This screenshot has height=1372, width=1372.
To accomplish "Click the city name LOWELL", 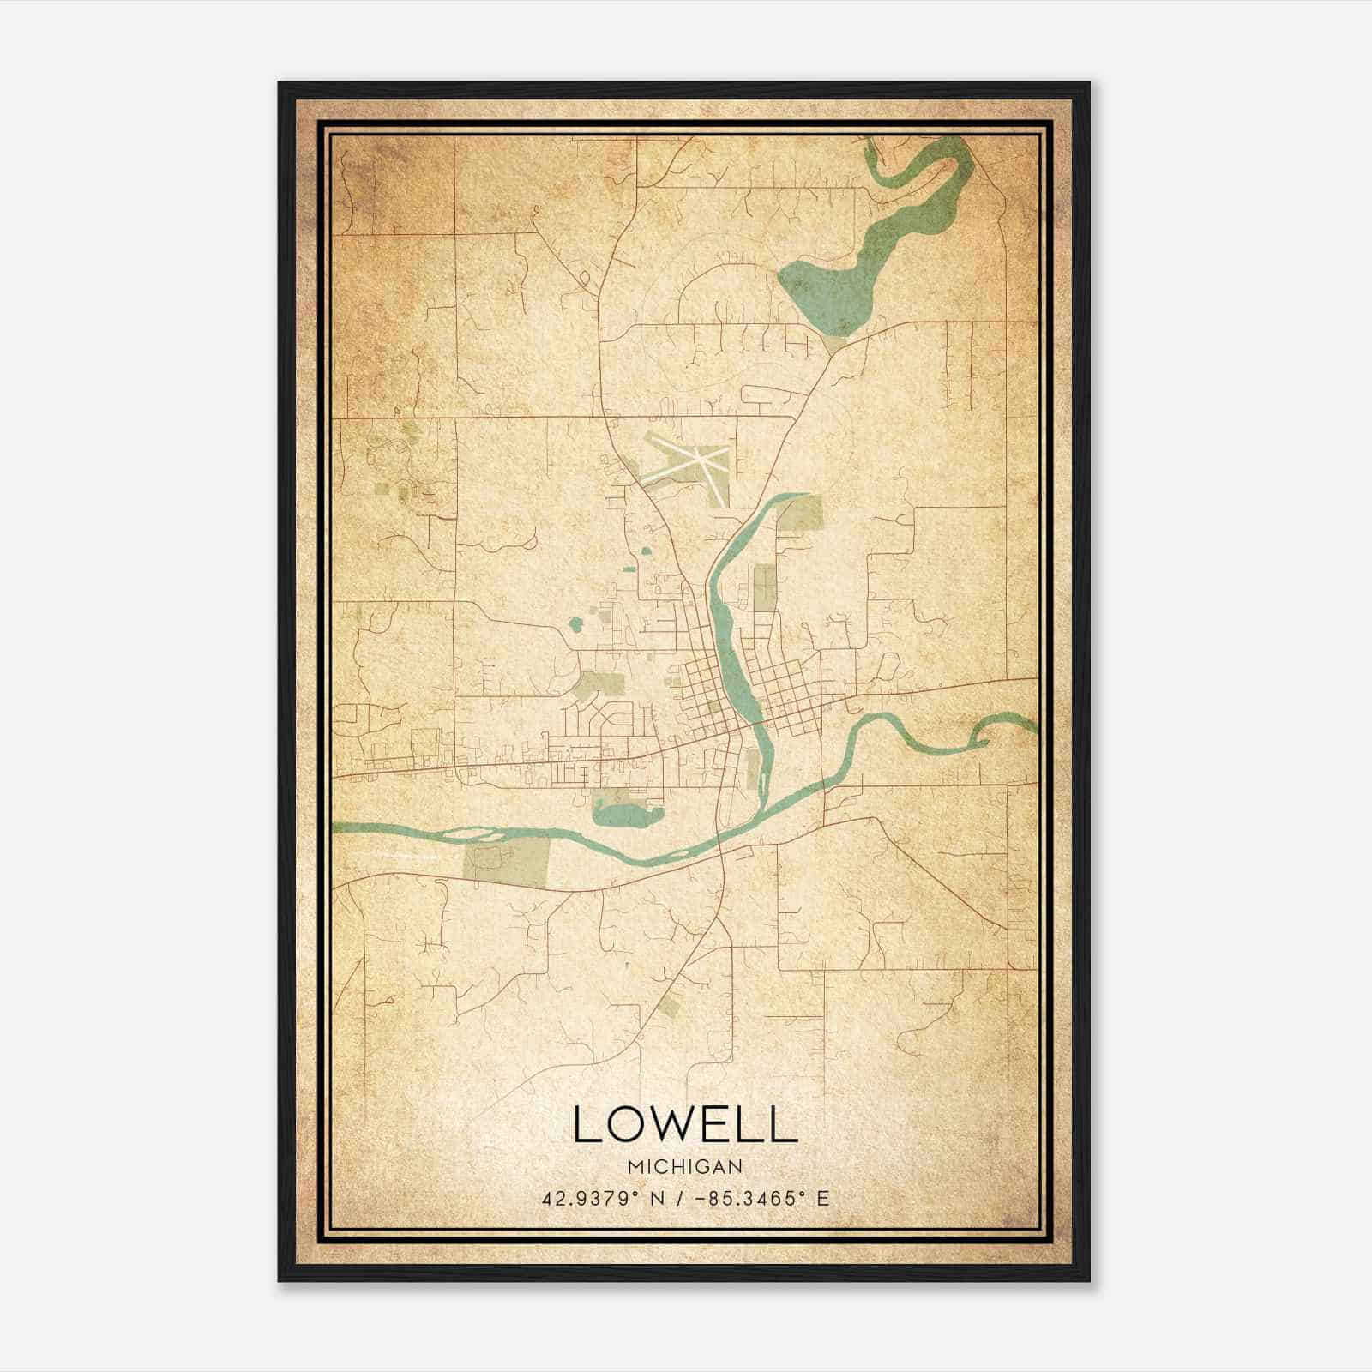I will click(x=685, y=1124).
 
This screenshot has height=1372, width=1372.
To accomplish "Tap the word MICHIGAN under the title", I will click(x=685, y=1166).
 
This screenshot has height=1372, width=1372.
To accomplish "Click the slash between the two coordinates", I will click(x=680, y=1198).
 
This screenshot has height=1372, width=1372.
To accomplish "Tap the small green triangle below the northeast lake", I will click(x=833, y=345).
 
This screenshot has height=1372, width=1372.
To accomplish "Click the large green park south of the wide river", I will click(x=506, y=860).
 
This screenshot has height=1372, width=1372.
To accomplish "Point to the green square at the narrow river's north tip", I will click(x=803, y=513).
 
